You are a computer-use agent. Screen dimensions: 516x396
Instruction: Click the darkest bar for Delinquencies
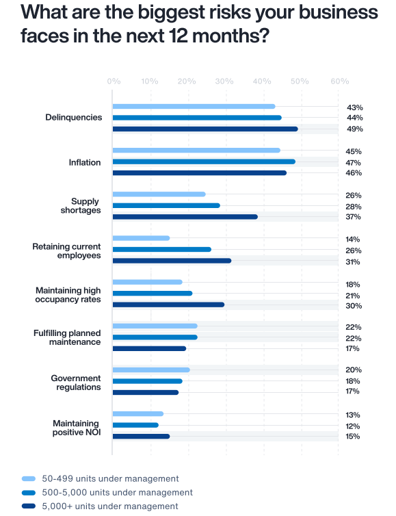click(205, 129)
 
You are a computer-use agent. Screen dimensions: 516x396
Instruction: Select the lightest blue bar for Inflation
click(196, 151)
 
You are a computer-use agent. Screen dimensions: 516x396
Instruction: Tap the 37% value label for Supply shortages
click(354, 217)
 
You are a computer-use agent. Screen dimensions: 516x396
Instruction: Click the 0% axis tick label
click(114, 81)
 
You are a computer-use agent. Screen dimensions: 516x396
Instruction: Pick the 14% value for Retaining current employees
click(354, 240)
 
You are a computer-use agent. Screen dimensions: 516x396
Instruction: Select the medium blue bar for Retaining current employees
click(162, 250)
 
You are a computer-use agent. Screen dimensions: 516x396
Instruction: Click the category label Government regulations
click(76, 383)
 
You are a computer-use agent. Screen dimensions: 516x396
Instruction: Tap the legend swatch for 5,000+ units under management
click(29, 506)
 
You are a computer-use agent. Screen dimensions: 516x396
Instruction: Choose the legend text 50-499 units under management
click(110, 478)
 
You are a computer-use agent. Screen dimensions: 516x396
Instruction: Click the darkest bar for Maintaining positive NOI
click(141, 436)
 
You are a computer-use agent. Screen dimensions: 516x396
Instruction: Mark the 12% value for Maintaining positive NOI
click(354, 426)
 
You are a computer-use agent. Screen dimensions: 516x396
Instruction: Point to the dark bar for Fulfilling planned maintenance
click(149, 348)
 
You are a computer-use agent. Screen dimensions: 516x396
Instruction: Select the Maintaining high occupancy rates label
click(68, 295)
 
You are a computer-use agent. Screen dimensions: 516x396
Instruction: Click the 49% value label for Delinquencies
click(354, 129)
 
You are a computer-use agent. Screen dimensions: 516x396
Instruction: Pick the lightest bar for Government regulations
click(151, 370)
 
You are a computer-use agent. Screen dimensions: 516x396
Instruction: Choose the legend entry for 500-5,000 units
click(117, 492)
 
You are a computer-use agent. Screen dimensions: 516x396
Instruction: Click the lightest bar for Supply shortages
click(159, 194)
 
